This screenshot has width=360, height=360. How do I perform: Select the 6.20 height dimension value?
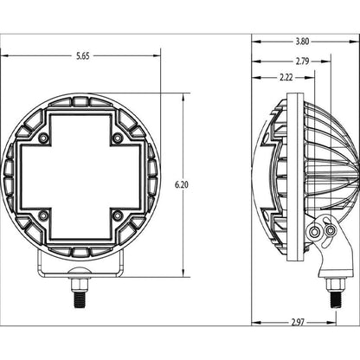pyautogui.click(x=181, y=185)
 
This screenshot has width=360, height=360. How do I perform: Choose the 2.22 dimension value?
pyautogui.click(x=286, y=78)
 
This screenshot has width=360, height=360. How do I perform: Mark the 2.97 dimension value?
pyautogui.click(x=297, y=322)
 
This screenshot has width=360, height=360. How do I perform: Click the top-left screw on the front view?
pyautogui.click(x=42, y=138)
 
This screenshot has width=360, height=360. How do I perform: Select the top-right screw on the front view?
pyautogui.click(x=116, y=138)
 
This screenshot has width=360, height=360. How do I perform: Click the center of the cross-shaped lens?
pyautogui.click(x=79, y=177)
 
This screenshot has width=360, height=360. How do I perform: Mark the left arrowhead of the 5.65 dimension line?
pyautogui.click(x=4, y=57)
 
